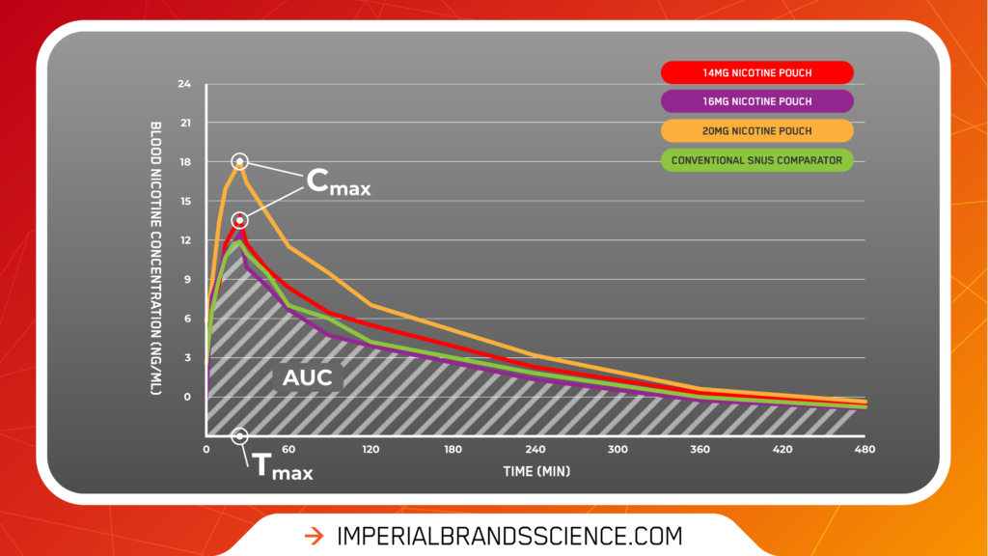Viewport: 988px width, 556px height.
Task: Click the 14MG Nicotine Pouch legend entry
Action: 756,72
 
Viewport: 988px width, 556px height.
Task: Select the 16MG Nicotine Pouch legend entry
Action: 756,101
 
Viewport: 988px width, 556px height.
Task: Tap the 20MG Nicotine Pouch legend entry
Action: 756,131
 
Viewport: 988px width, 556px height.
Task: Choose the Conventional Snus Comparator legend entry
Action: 756,160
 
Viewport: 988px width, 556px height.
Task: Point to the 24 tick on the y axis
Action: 184,84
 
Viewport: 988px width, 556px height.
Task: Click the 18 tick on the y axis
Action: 185,162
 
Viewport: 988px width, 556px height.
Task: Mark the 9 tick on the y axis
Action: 187,279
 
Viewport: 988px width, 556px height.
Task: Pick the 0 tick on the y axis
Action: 187,397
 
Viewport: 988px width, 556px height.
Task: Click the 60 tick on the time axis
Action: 288,450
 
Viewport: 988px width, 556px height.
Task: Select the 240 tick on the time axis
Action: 535,450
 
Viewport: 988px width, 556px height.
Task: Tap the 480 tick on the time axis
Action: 864,450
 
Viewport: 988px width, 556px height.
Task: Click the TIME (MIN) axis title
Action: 536,471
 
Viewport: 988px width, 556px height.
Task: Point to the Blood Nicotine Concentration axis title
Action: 155,259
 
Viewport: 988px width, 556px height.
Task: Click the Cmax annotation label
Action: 339,181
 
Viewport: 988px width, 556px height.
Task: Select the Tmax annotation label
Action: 283,467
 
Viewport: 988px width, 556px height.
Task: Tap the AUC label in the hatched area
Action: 308,377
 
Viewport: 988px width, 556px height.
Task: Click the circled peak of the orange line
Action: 239,162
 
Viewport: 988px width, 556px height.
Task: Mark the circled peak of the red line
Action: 239,221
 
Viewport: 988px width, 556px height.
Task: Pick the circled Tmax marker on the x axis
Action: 239,436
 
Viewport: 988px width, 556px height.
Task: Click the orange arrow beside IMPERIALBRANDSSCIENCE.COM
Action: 314,537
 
